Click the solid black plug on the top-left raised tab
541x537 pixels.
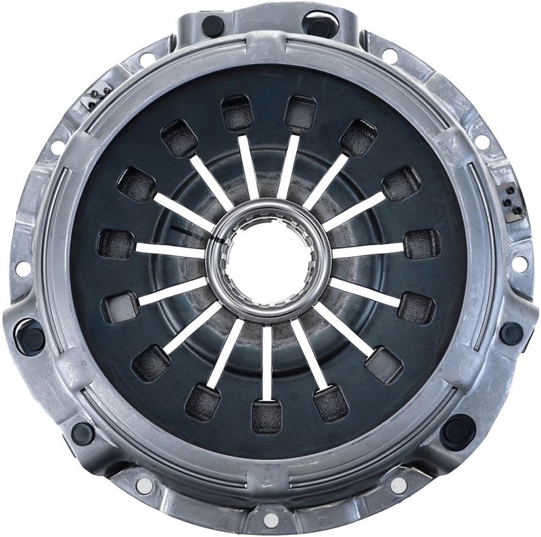click(213, 26)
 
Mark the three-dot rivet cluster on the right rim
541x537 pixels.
click(513, 202)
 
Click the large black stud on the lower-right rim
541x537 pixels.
click(458, 430)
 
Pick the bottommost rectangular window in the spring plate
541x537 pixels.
click(266, 415)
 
